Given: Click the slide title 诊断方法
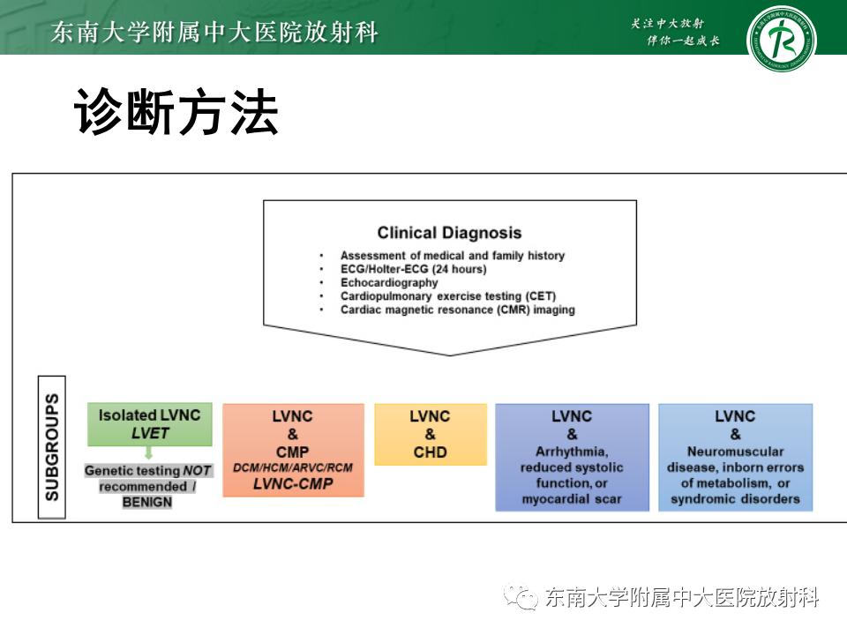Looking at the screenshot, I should [176, 113].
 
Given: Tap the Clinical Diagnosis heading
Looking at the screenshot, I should [449, 234].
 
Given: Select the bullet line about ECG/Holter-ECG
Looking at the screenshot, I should [413, 269].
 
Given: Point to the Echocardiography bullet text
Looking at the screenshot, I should [389, 283].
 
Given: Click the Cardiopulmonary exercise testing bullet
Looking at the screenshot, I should [448, 296].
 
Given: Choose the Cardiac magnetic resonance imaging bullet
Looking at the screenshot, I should [457, 310].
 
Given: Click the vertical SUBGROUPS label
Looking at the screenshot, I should [53, 447].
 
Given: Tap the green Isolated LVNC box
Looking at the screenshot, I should [149, 424].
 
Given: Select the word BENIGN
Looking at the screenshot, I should [147, 502].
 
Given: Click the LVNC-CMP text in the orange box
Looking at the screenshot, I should [293, 483].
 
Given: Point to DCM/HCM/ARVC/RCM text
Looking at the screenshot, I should [293, 467].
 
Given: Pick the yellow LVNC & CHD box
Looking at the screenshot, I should [430, 434].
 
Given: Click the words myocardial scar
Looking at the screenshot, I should [572, 499].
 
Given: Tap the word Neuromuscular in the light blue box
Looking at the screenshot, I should [735, 452].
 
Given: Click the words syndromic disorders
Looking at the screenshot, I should [735, 499].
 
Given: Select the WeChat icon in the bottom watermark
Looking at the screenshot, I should [521, 598].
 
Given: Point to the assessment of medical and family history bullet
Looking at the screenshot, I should [452, 256].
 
